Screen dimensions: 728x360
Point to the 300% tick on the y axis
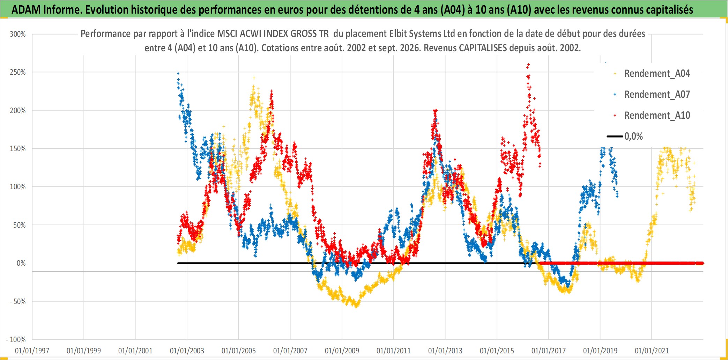click(18, 34)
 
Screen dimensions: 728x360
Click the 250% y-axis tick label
click(18, 72)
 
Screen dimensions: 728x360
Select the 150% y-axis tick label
click(18, 149)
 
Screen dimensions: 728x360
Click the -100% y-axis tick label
click(16, 340)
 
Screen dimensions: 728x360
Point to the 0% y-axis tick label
click(21, 263)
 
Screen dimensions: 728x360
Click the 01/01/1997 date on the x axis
click(32, 351)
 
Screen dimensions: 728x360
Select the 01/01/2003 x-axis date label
click(187, 351)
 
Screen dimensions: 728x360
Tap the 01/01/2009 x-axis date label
click(342, 351)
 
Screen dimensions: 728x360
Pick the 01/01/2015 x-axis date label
click(497, 351)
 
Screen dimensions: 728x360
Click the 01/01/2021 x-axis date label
click(652, 351)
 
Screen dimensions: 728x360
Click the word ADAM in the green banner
click(26, 10)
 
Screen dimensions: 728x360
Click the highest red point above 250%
click(529, 64)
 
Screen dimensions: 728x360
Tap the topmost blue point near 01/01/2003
click(178, 73)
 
